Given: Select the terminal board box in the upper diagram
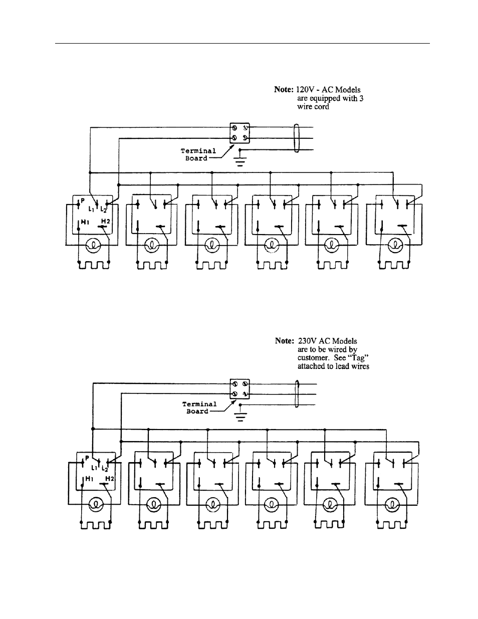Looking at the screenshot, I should pos(238,133).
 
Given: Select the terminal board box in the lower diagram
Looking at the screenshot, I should pos(238,389).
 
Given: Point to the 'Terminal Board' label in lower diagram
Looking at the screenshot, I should pos(199,407).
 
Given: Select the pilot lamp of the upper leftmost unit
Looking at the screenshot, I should pos(92,245).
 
